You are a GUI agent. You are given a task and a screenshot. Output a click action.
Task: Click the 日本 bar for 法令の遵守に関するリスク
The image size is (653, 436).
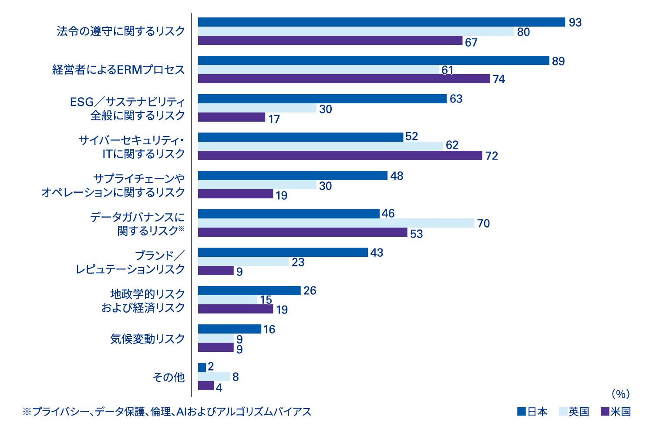pyautogui.click(x=381, y=22)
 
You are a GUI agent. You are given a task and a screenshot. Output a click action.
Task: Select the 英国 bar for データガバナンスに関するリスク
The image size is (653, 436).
pyautogui.click(x=336, y=223)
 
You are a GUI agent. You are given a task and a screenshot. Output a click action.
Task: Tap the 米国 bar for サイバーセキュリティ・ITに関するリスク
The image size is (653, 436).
pyautogui.click(x=340, y=156)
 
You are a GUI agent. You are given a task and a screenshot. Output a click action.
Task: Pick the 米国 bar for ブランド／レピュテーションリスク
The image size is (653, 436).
pyautogui.click(x=216, y=271)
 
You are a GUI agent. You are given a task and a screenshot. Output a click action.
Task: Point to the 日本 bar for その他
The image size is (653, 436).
pyautogui.click(x=202, y=367)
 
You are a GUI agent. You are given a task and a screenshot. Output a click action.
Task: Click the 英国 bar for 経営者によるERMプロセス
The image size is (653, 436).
pyautogui.click(x=319, y=70)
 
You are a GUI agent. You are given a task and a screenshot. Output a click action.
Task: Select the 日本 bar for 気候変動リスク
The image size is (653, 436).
pyautogui.click(x=229, y=329)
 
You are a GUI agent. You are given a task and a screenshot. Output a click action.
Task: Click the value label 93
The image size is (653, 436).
pyautogui.click(x=575, y=23)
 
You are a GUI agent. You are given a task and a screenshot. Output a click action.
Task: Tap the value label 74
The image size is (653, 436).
pyautogui.click(x=499, y=79)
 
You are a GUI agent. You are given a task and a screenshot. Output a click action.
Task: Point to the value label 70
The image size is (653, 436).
pyautogui.click(x=483, y=224)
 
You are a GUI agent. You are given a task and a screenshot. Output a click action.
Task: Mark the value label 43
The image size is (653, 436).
pyautogui.click(x=377, y=253)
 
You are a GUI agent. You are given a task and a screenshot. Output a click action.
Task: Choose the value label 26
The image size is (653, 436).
pyautogui.click(x=310, y=291)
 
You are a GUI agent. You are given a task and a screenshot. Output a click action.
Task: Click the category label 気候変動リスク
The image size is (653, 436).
pyautogui.click(x=148, y=339)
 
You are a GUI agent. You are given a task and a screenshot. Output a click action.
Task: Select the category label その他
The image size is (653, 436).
pyautogui.click(x=169, y=377)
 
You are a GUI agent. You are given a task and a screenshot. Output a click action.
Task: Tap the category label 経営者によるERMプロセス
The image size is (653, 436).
pyautogui.click(x=118, y=70)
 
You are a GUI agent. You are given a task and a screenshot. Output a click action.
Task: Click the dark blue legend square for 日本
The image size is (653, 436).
pyautogui.click(x=521, y=411)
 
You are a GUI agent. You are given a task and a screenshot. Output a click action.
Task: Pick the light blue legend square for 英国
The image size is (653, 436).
pyautogui.click(x=562, y=411)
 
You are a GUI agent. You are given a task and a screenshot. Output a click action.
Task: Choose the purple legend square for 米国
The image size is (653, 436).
pyautogui.click(x=604, y=411)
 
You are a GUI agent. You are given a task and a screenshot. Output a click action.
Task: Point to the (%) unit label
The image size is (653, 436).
pyautogui.click(x=620, y=394)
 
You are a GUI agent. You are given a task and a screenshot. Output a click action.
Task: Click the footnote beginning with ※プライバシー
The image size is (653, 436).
pyautogui.click(x=167, y=412)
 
